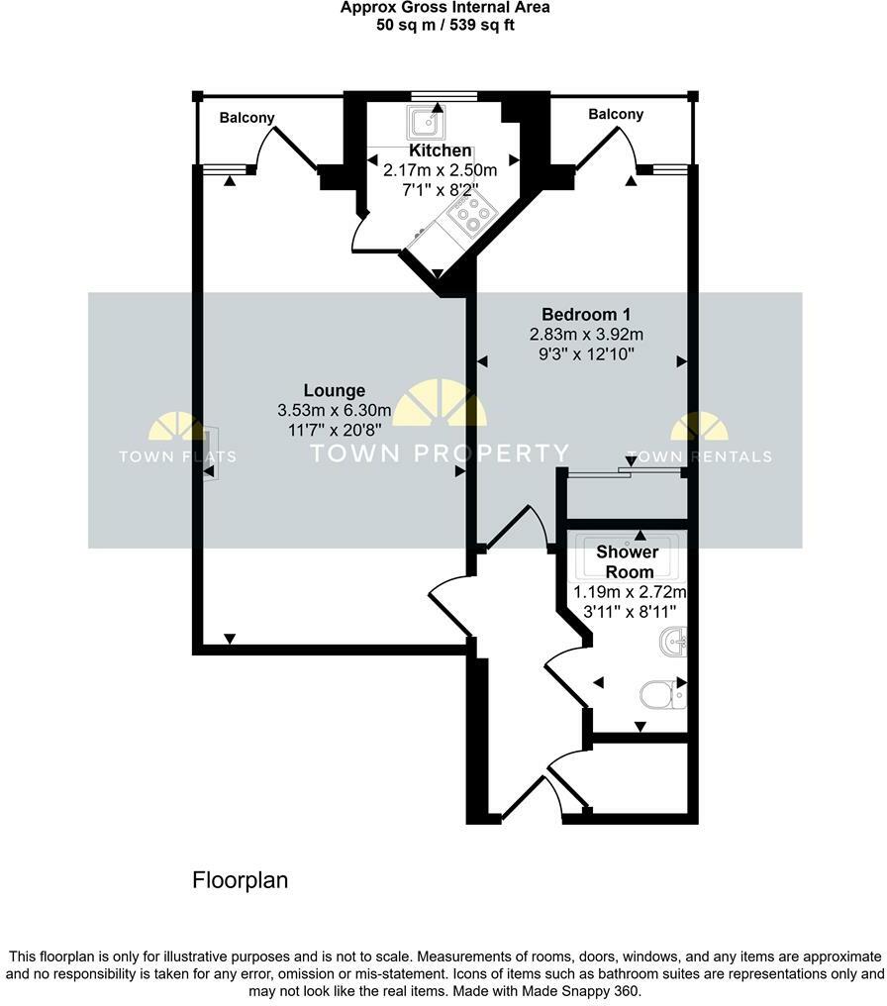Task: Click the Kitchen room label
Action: (x=441, y=151)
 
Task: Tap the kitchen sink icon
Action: (x=427, y=123)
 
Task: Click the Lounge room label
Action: (x=335, y=391)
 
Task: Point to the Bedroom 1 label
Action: (x=579, y=314)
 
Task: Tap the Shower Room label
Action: (x=627, y=562)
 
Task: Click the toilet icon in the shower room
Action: (x=660, y=696)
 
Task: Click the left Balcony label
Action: (x=246, y=118)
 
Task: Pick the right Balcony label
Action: (x=616, y=115)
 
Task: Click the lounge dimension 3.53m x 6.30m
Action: (x=335, y=411)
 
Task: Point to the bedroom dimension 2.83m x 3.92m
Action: (x=579, y=334)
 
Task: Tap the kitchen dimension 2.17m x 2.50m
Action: (x=441, y=170)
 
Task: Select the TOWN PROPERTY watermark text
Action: (x=440, y=453)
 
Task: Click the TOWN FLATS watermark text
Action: (x=177, y=456)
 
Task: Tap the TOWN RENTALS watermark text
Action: (x=699, y=456)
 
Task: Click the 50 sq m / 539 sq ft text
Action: (x=443, y=24)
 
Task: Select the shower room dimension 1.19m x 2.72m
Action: (x=631, y=592)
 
